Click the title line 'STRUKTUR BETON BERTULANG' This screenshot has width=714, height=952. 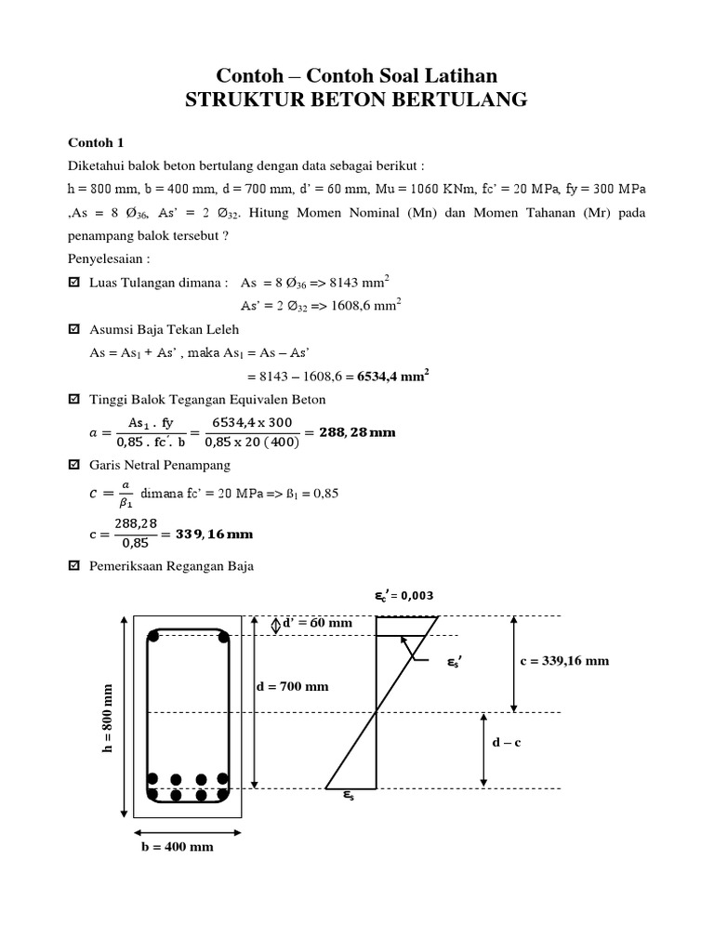[356, 99]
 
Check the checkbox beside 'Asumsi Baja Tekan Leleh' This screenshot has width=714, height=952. [75, 329]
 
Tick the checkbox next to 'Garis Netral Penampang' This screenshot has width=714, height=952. [75, 464]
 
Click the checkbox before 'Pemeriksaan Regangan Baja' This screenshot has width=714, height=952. [75, 565]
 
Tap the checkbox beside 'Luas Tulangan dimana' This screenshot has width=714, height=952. [75, 280]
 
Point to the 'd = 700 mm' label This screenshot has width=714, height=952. [292, 687]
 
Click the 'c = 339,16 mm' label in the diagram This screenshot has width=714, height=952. [565, 661]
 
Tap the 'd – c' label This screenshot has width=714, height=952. [511, 743]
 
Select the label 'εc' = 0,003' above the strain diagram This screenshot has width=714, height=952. [398, 596]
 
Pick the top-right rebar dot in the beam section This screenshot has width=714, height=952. [222, 637]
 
